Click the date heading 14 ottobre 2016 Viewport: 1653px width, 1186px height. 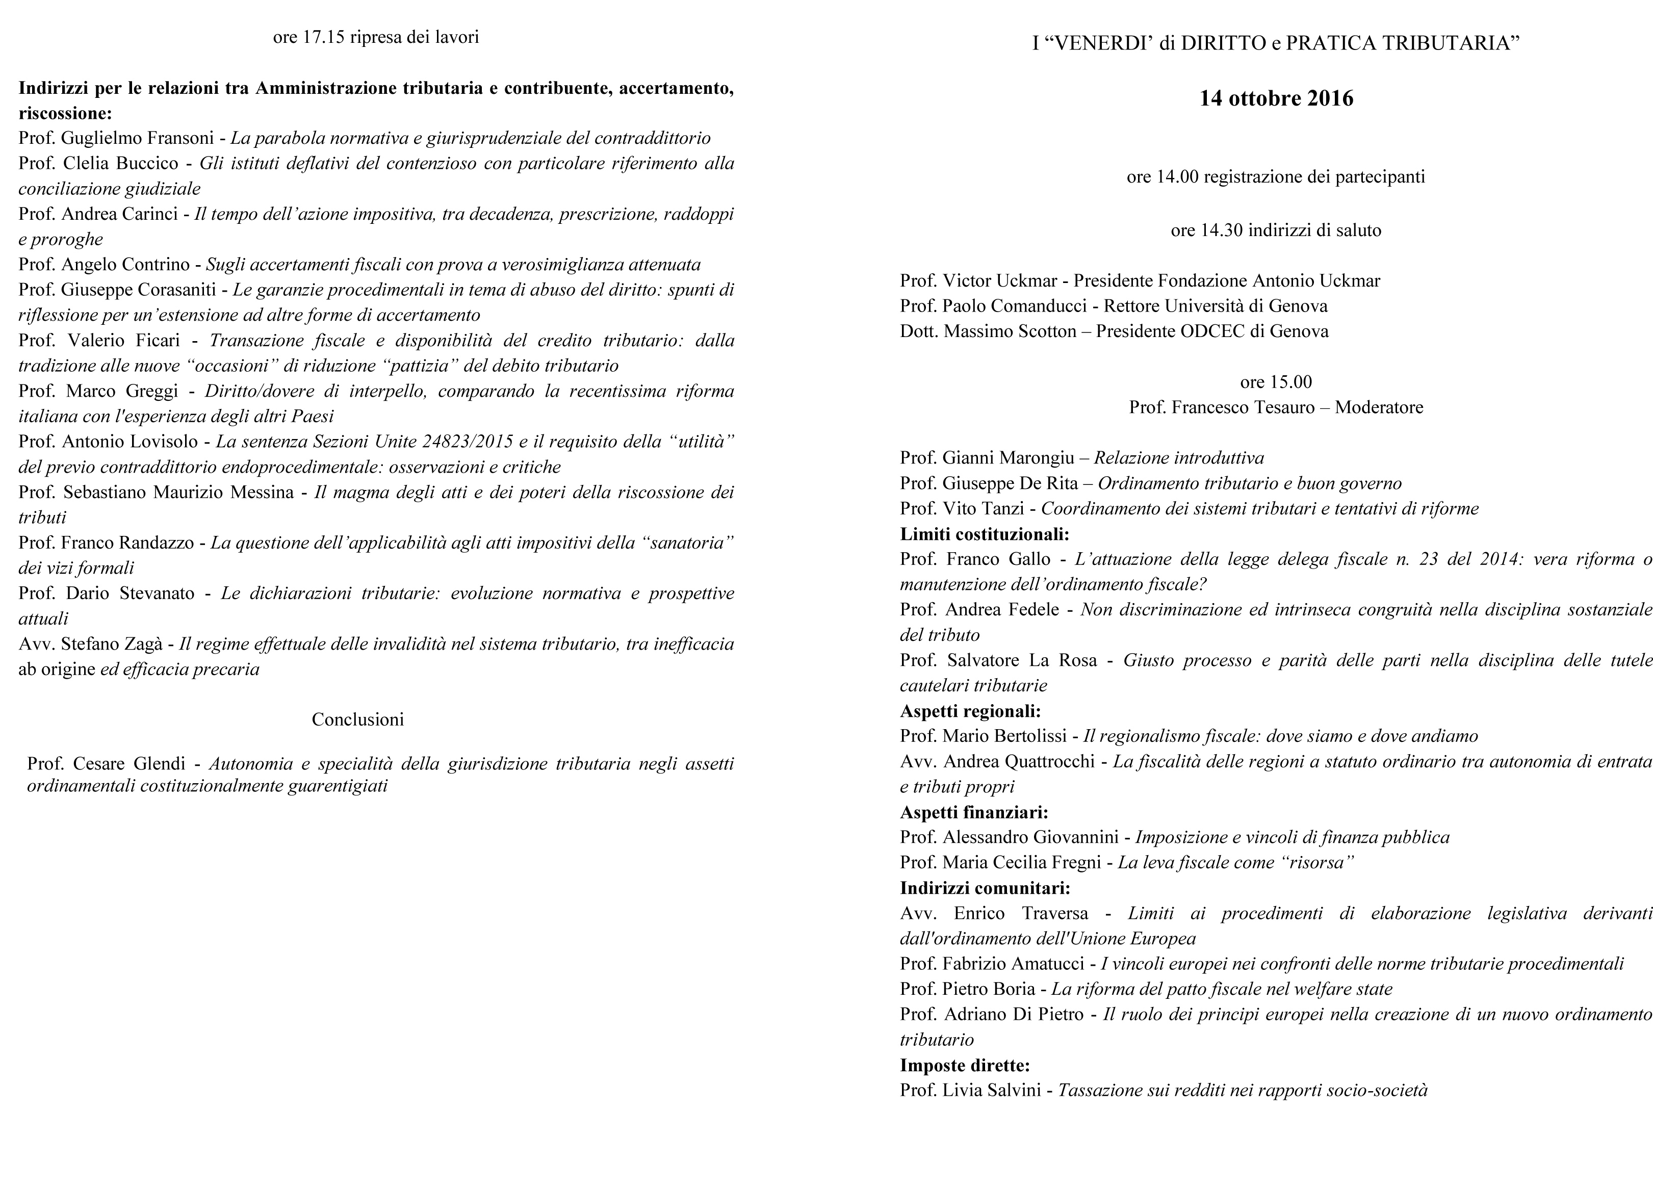click(1276, 98)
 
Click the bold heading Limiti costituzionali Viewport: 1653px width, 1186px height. click(984, 533)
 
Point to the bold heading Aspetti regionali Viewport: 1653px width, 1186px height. click(970, 711)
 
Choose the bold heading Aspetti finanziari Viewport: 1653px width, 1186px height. click(974, 812)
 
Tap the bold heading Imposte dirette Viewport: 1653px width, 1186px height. click(964, 1065)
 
